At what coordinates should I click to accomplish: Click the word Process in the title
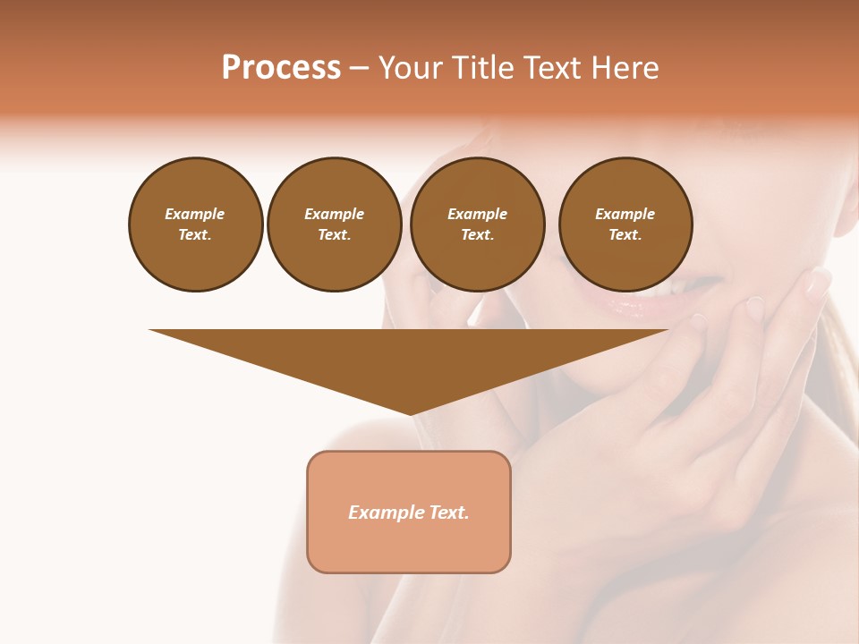281,67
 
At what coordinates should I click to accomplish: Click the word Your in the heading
412,67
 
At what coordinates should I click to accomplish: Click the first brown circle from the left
196,225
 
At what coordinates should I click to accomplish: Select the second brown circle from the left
335,225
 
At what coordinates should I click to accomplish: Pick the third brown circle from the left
477,225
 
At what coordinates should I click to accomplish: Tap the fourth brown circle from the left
625,225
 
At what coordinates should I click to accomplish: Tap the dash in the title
359,68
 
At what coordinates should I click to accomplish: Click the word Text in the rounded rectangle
449,513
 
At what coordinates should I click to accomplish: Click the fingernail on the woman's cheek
818,281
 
